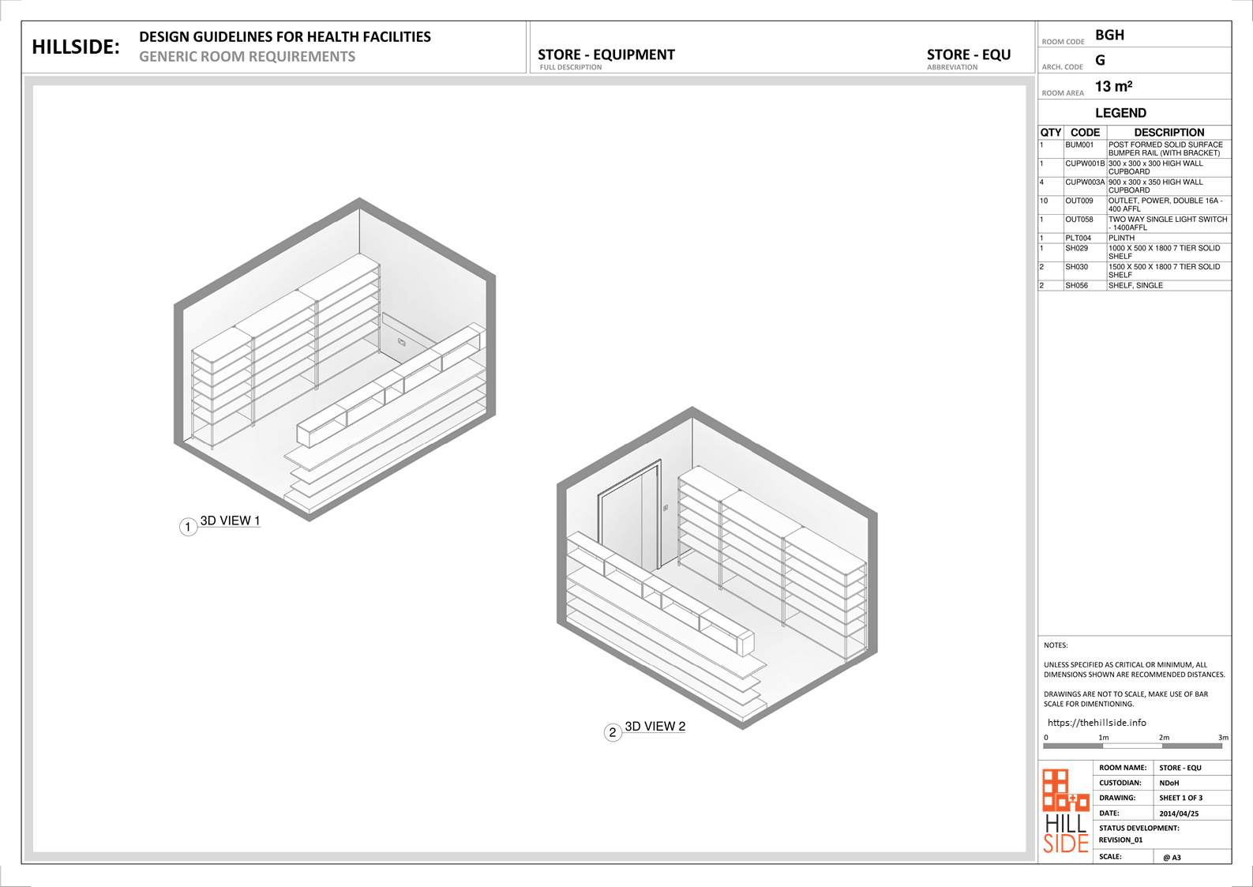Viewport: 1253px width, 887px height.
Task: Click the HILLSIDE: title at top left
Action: click(76, 47)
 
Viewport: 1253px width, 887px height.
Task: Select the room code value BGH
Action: click(1109, 36)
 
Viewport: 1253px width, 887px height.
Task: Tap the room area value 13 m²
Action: click(1113, 87)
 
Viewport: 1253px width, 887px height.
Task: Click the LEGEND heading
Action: click(1120, 113)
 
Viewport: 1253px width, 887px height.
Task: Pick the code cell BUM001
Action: click(1079, 145)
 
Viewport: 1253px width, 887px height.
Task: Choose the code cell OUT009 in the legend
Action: click(1079, 201)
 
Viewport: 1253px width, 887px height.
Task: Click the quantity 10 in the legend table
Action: click(1044, 201)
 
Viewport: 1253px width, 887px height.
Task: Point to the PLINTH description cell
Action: click(1122, 238)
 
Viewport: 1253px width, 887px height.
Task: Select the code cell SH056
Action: click(1076, 285)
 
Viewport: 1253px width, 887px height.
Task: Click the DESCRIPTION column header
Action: click(1169, 133)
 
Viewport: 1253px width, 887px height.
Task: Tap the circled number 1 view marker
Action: click(188, 527)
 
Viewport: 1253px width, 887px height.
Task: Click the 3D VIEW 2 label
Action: click(655, 727)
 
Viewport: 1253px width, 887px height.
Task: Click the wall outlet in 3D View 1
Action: click(401, 342)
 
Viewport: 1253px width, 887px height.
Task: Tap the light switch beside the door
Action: click(665, 508)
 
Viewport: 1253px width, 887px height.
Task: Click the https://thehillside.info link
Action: click(1097, 723)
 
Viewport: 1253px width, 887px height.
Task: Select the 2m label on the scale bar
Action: click(1164, 738)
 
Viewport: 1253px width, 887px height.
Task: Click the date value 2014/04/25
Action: click(1179, 814)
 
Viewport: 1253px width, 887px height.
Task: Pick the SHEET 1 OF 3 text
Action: click(1180, 798)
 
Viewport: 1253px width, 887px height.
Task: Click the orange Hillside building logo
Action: click(1065, 790)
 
